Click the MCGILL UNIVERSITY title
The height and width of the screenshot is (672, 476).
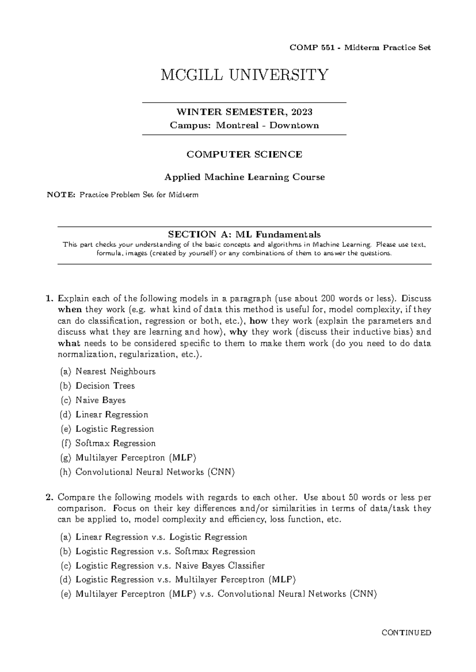point(244,75)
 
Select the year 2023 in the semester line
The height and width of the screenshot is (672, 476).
point(301,112)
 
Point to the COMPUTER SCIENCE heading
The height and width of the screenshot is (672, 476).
point(244,155)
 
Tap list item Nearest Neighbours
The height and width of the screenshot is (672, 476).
point(115,372)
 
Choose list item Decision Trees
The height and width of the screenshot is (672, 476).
point(105,386)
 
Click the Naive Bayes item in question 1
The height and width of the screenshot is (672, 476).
point(100,400)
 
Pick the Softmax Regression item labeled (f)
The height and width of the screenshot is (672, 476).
point(115,443)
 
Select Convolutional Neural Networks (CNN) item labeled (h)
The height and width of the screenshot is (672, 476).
point(155,472)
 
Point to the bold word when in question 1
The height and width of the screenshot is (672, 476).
point(70,310)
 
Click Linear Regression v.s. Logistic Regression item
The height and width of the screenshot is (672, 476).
point(161,537)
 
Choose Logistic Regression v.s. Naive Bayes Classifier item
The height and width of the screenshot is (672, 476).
point(170,566)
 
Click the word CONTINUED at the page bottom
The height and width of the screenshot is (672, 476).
point(406,633)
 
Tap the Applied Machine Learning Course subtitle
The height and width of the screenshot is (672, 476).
point(244,177)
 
